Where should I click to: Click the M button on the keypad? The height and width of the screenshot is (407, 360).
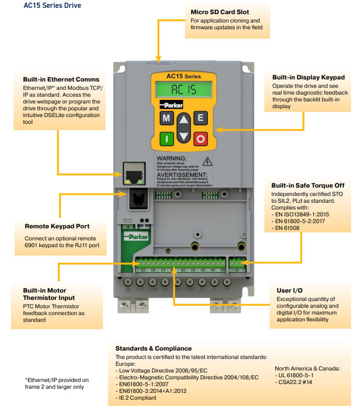[x=166, y=118]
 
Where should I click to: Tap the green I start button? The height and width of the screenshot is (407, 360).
[x=166, y=139]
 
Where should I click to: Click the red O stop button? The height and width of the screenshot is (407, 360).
[x=201, y=139]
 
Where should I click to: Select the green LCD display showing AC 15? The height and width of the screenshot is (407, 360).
[x=183, y=90]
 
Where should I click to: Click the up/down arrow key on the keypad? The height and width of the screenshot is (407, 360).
[x=183, y=129]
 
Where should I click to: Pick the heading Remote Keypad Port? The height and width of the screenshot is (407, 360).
[x=57, y=227]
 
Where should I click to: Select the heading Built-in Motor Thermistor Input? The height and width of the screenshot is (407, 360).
[x=44, y=294]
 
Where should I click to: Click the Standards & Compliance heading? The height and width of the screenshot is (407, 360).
[x=153, y=348]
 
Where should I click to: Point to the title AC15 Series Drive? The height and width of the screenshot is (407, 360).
[x=52, y=6]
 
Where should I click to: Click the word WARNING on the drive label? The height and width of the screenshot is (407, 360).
[x=171, y=158]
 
